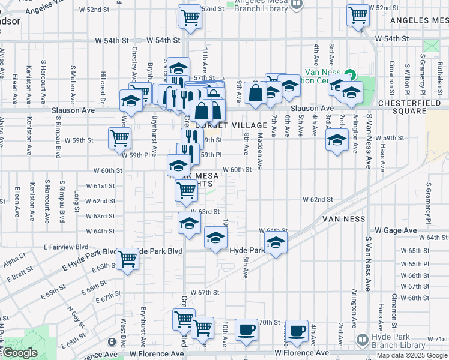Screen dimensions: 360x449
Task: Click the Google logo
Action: coord(19,353)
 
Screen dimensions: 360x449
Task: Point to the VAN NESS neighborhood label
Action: coord(343,219)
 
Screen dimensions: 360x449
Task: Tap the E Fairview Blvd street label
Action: coord(66,247)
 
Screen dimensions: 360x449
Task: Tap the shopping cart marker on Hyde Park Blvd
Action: coord(128,259)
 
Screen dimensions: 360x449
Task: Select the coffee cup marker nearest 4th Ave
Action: coord(296,330)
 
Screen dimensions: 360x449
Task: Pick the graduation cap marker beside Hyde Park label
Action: coord(276,242)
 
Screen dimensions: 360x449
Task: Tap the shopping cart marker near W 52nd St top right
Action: coord(358,14)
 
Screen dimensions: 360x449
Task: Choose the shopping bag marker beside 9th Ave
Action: coord(255,92)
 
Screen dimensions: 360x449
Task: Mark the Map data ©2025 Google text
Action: coord(412,355)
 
